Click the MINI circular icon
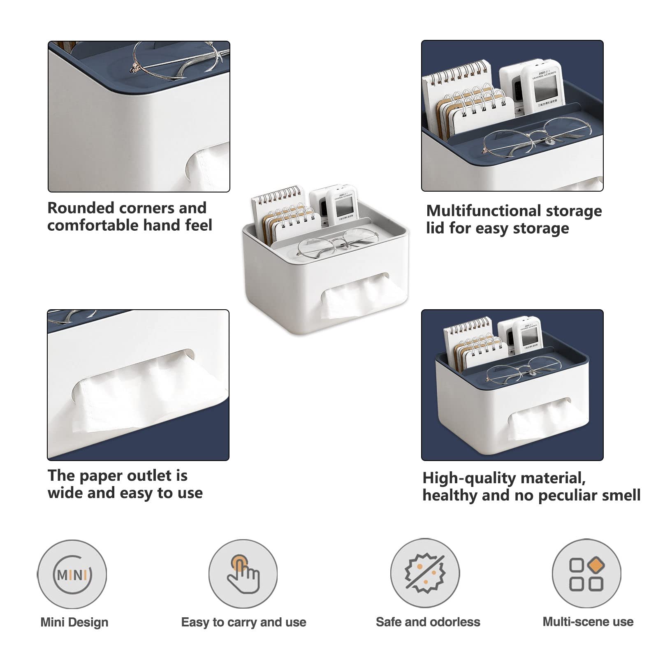coord(72,574)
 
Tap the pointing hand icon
coord(243,574)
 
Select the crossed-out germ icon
coord(425,573)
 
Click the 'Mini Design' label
coord(74,622)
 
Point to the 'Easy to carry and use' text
coord(244,622)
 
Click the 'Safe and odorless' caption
coord(428,622)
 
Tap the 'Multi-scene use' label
coord(588,621)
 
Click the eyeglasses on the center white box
coord(337,244)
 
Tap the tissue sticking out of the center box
coord(362,297)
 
